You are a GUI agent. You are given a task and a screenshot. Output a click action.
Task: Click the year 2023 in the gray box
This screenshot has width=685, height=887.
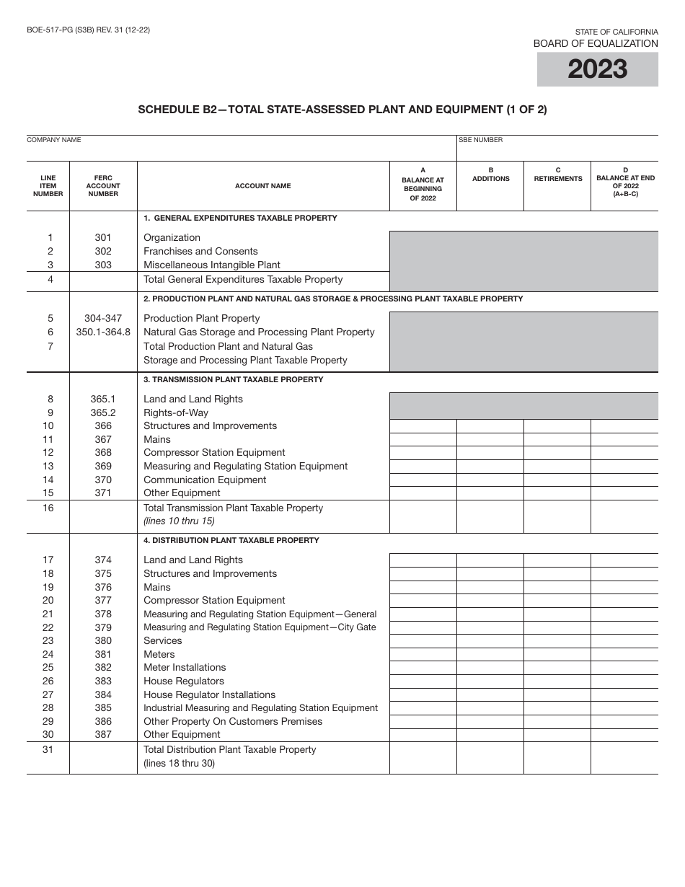click(597, 69)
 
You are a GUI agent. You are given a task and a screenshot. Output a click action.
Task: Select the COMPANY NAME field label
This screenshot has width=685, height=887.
click(54, 140)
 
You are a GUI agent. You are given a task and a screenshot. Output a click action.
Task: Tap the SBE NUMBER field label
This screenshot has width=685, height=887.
click(481, 140)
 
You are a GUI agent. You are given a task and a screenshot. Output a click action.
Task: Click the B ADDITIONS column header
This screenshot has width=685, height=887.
click(490, 175)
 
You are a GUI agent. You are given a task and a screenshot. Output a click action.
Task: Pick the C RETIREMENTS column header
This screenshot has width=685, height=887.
click(557, 175)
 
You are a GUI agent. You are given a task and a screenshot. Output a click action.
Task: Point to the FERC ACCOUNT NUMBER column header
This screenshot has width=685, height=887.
click(103, 186)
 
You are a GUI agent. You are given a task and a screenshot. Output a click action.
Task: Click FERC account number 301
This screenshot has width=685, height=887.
click(103, 237)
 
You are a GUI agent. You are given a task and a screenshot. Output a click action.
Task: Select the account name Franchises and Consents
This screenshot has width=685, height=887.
click(200, 251)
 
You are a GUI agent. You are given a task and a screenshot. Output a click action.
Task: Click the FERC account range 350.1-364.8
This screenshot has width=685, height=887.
click(103, 332)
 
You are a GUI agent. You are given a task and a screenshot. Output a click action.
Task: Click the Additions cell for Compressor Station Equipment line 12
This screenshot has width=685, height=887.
click(490, 453)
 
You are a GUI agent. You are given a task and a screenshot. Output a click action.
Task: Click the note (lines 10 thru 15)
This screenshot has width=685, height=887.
click(179, 521)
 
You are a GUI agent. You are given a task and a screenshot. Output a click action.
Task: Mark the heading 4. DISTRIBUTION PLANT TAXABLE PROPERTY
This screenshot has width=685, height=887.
click(231, 540)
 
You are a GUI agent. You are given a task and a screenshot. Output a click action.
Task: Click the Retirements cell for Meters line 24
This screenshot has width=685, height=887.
click(557, 655)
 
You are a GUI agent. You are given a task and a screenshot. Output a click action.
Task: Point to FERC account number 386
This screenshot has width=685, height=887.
click(103, 721)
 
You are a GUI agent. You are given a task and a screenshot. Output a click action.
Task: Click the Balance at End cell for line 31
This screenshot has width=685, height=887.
click(624, 758)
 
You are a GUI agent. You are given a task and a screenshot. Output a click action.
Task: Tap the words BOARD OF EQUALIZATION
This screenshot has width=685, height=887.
click(596, 43)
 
